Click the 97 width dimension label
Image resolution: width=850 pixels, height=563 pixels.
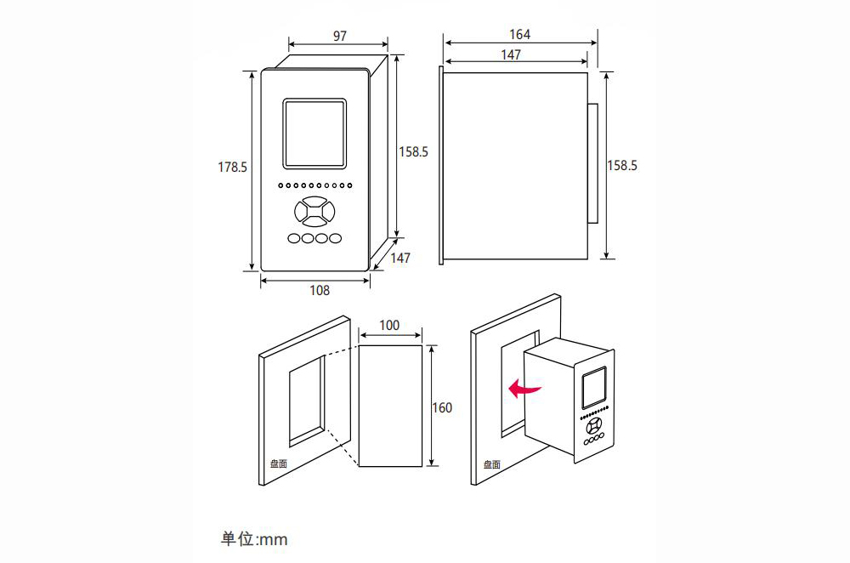point(340,36)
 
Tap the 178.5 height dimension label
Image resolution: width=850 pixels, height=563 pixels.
point(232,167)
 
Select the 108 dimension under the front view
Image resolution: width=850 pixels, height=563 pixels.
point(320,290)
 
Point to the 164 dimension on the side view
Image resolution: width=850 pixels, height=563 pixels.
point(519,34)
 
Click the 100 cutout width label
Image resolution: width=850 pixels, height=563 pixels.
point(389,325)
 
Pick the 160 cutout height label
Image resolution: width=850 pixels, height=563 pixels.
point(442,407)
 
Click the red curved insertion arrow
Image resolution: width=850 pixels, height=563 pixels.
point(524,387)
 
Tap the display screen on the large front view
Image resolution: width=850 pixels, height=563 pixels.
point(314,134)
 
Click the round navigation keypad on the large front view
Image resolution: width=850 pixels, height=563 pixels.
point(310,211)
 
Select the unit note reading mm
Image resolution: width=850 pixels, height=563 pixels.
point(253,538)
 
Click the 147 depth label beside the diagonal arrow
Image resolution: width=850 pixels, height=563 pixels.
point(400,258)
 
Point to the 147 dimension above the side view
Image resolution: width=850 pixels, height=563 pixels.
point(511,54)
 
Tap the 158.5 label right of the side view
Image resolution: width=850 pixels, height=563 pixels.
point(622,166)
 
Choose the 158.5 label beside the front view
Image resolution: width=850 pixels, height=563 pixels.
point(413,152)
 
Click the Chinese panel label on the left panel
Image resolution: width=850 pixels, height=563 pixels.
point(279,463)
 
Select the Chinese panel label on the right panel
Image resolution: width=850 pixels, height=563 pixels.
point(491,464)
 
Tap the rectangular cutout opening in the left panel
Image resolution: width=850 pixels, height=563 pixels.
point(307,401)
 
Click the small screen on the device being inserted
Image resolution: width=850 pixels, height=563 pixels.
point(594,387)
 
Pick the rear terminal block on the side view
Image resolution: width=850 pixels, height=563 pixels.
point(592,163)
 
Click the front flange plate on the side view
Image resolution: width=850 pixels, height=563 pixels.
point(441,166)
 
